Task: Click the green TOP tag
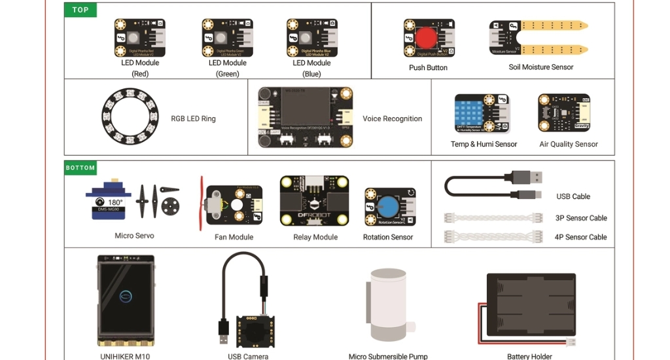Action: coord(80,10)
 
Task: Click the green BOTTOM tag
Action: coord(80,168)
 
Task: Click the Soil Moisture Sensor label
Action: coord(540,67)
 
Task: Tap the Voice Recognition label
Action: coord(392,119)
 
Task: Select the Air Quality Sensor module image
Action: coord(563,113)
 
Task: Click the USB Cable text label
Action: coord(573,196)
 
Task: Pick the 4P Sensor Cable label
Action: coord(580,238)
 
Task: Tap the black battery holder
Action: coord(531,306)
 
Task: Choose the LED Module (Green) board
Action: coord(227,38)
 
